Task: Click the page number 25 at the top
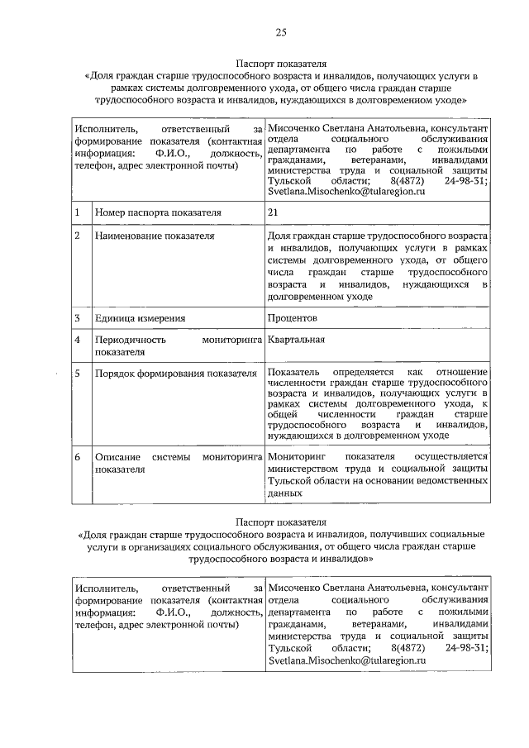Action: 281,32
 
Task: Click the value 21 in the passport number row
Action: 274,213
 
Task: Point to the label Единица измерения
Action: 140,317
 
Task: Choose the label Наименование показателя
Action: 155,236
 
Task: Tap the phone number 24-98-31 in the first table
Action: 466,179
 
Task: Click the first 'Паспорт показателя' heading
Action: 281,63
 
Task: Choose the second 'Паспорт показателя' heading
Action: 281,522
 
